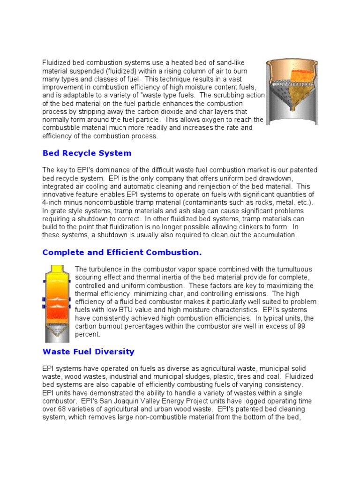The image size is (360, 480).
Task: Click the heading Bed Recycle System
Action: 87,153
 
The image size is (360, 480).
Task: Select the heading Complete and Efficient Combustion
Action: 122,253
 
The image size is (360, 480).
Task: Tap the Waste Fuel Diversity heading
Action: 88,352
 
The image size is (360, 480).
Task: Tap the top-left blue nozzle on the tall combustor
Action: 45,282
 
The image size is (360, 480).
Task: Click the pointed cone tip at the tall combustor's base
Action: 57,340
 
